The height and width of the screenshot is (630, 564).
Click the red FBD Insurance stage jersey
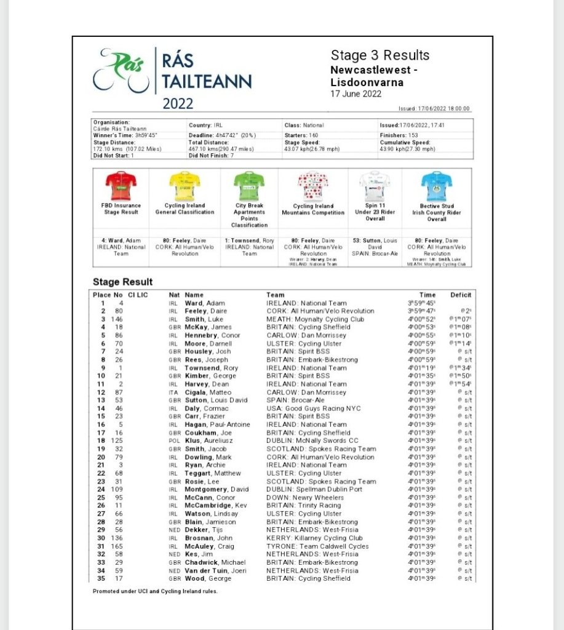point(121,186)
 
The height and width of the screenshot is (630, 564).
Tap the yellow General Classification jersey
point(185,186)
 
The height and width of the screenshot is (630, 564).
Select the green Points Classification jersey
point(249,186)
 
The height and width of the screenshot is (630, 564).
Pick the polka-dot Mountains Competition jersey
point(313,186)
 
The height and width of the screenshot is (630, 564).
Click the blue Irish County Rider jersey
point(437,186)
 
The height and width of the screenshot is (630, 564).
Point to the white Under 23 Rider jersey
point(375,186)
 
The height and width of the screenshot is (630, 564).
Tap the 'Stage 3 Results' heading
point(380,55)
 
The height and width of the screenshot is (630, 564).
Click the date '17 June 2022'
point(356,94)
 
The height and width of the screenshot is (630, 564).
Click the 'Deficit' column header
point(461,295)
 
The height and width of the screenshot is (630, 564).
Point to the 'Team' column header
point(275,295)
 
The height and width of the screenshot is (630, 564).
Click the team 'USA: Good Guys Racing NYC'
point(313,409)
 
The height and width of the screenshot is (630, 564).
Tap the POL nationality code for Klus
point(174,441)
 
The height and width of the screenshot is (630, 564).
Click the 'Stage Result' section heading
point(123,282)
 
